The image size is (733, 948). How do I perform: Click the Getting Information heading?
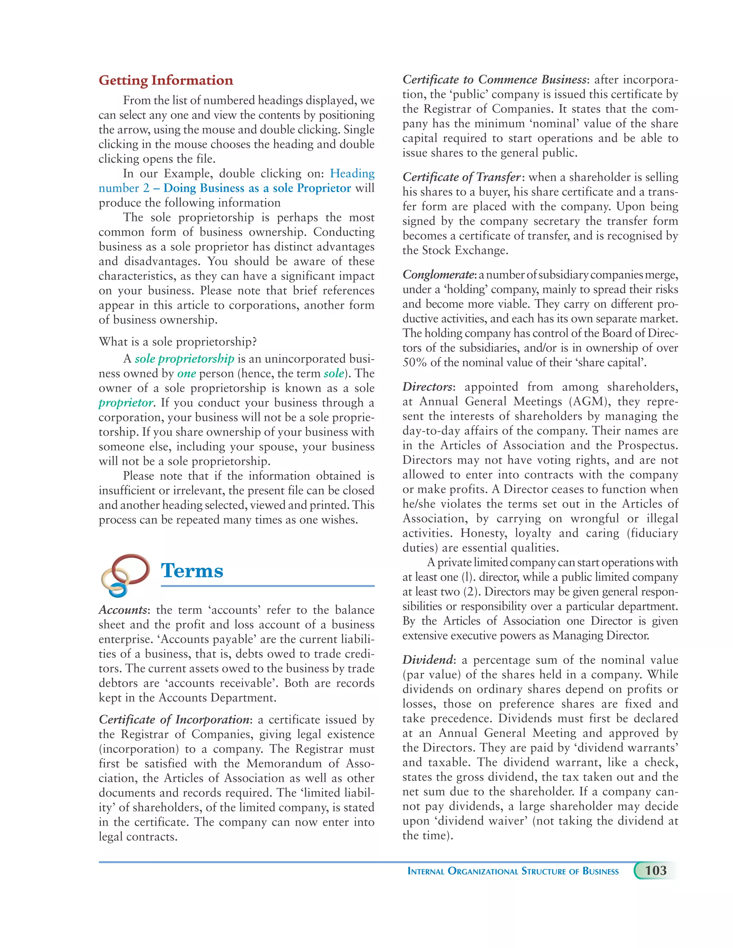(x=165, y=80)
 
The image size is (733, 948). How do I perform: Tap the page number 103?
(x=655, y=871)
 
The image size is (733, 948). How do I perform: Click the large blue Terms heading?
(x=191, y=570)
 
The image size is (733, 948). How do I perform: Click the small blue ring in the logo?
(x=117, y=590)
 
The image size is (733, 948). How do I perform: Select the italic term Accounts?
(x=123, y=610)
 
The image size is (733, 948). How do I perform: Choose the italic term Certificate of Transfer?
(x=461, y=177)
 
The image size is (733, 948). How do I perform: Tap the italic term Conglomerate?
(x=438, y=275)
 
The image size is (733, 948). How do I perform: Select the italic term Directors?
(x=427, y=387)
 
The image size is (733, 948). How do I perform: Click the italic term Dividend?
(x=427, y=660)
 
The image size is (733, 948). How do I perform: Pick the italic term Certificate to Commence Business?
(x=494, y=79)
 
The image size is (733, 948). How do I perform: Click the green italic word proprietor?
(x=126, y=403)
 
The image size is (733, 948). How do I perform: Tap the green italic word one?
(x=186, y=374)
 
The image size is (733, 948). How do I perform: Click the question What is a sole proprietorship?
(x=177, y=342)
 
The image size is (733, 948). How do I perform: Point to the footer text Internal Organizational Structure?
(x=513, y=871)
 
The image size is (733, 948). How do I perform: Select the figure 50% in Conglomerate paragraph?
(x=414, y=362)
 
